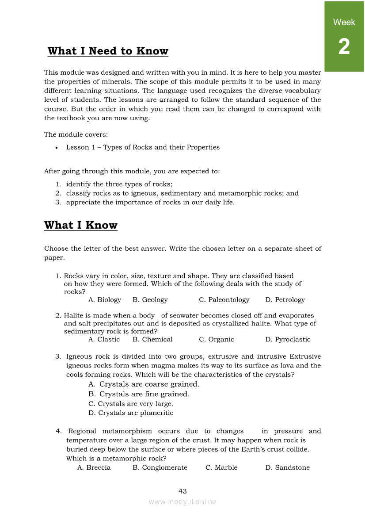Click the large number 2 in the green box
[344, 47]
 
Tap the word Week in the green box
[344, 22]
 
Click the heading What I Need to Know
[108, 51]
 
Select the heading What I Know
[81, 226]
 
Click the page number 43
[182, 491]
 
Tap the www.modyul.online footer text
[182, 502]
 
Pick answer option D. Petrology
[285, 300]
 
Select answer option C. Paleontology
[224, 300]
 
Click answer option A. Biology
[105, 300]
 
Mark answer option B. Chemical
[152, 340]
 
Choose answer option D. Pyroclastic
[288, 340]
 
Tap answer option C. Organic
[217, 340]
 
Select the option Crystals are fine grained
[139, 394]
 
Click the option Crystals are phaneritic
[131, 413]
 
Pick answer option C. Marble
[221, 468]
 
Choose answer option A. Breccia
[94, 468]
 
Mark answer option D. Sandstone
[287, 468]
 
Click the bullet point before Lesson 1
[57, 148]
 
